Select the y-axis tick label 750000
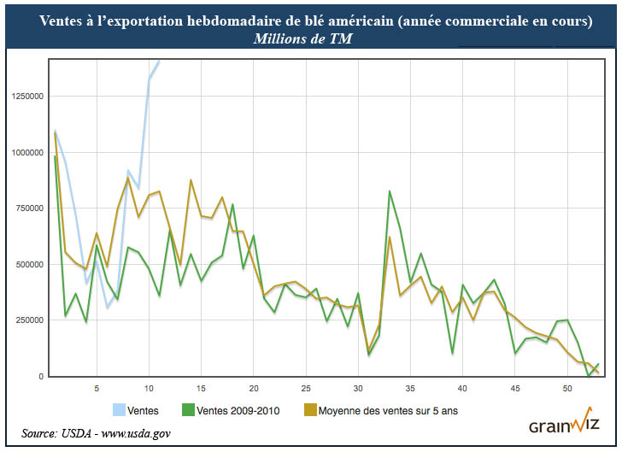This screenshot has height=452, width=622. [x=31, y=208]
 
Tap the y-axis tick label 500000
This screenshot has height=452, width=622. [x=31, y=264]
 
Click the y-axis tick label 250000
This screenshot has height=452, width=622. [x=31, y=320]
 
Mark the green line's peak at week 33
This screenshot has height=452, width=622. [x=390, y=191]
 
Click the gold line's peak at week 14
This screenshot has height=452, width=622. [x=191, y=180]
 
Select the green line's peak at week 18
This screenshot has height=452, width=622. [x=232, y=204]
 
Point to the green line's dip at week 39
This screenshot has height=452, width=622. [x=452, y=353]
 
